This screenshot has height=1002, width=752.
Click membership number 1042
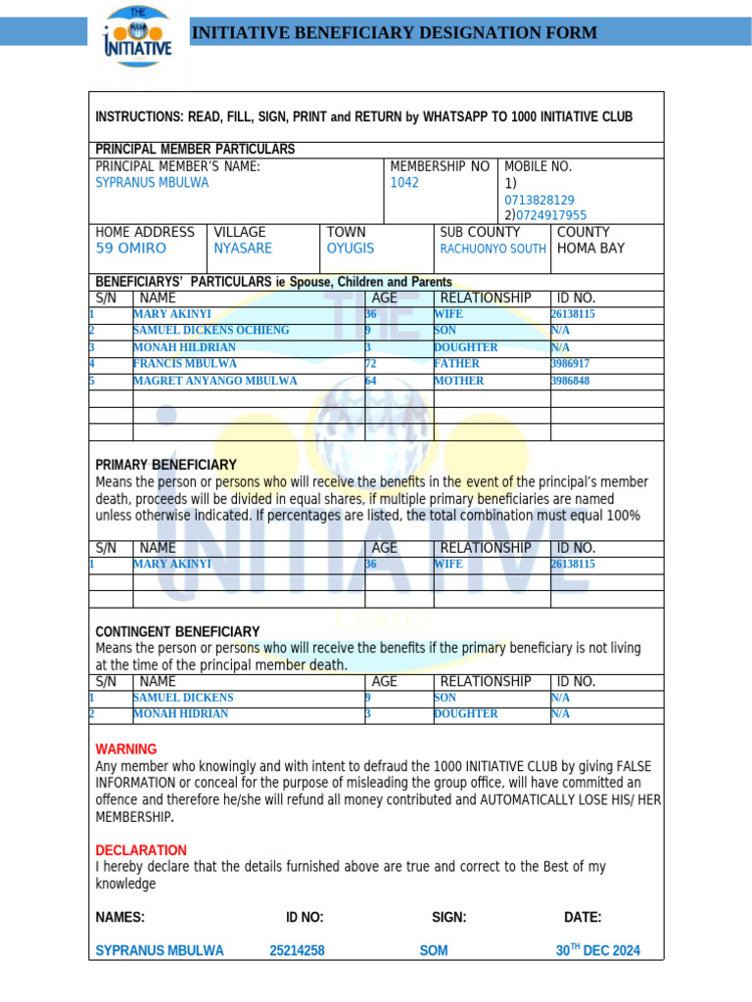coord(404,183)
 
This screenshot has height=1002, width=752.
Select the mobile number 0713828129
coord(540,200)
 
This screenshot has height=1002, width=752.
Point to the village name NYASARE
coord(243,249)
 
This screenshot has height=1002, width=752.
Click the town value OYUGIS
coord(351,249)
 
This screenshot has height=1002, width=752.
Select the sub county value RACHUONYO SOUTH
coord(493,249)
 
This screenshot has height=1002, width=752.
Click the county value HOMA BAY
coord(590,249)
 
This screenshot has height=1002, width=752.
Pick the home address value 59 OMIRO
coord(131,249)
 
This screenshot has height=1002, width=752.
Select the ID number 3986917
coord(571,364)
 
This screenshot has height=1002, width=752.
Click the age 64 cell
coord(371,381)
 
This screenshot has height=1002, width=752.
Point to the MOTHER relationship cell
coord(458,381)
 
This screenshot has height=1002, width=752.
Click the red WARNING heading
coord(125,749)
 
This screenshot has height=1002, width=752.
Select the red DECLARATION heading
coord(141,850)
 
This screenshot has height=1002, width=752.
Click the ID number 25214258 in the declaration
coord(297,950)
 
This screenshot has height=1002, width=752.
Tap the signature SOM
coord(434,950)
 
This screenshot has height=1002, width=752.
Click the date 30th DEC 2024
coord(597,950)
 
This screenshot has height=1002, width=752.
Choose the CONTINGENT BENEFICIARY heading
coord(177,631)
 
